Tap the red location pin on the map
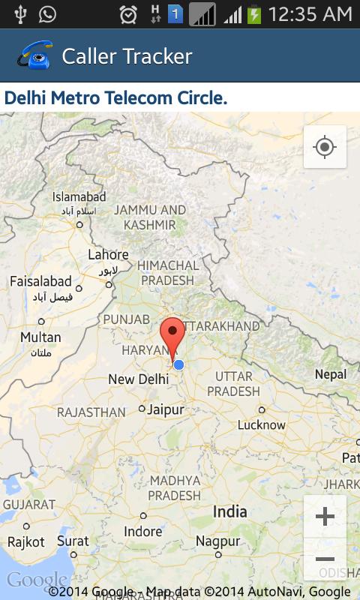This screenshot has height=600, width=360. click(x=173, y=336)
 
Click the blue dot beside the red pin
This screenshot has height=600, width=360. click(x=178, y=364)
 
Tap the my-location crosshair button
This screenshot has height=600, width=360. click(x=325, y=146)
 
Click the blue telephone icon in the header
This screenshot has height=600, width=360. click(x=34, y=55)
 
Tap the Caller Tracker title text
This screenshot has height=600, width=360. click(x=127, y=56)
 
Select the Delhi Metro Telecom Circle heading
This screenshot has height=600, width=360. click(x=116, y=97)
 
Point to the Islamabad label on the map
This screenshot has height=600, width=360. click(x=79, y=197)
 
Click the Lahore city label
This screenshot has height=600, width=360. click(x=108, y=255)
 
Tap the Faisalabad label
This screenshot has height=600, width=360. click(x=40, y=282)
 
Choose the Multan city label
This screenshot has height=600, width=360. click(x=40, y=337)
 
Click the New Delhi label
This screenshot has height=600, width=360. click(x=138, y=379)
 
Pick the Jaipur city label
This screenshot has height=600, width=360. click(x=166, y=409)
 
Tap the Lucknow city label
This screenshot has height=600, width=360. click(x=262, y=424)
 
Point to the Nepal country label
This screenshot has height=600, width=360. click(x=331, y=374)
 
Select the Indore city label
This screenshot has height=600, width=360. click(x=142, y=532)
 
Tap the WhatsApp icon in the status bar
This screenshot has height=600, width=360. click(x=47, y=13)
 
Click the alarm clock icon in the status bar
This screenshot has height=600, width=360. click(x=128, y=14)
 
